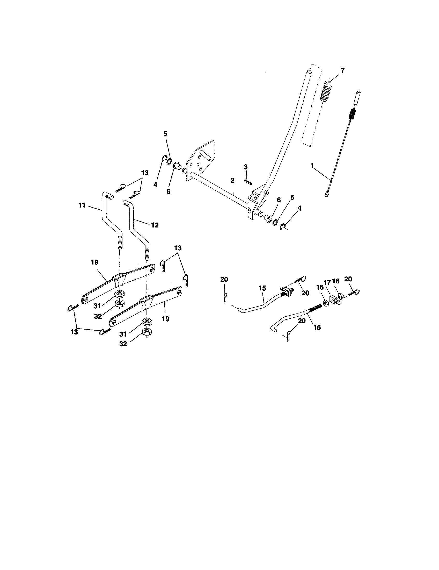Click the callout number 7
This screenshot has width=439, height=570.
coord(342,70)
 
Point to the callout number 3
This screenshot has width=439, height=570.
coord(246,167)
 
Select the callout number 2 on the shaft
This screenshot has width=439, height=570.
coord(232,180)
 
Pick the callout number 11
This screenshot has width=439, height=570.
coord(82,205)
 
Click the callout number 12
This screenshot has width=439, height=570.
coord(155,225)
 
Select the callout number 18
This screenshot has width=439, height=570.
coord(336,281)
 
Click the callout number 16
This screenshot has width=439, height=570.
coord(320,287)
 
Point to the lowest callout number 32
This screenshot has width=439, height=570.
coord(123,344)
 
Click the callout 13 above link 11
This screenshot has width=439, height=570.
coord(145,173)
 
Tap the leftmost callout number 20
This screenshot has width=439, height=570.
coord(224,279)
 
